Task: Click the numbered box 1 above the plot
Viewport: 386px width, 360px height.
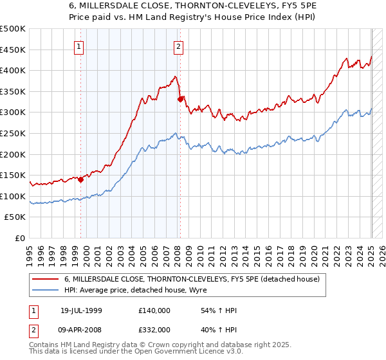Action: pyautogui.click(x=78, y=46)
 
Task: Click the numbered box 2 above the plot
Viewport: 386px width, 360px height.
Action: pyautogui.click(x=178, y=46)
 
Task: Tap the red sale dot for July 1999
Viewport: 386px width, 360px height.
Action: pyautogui.click(x=81, y=180)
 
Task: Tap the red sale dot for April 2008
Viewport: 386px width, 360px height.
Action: pyautogui.click(x=180, y=99)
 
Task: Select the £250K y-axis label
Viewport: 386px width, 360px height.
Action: pyautogui.click(x=13, y=133)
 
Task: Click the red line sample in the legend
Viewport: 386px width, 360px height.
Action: pyautogui.click(x=45, y=278)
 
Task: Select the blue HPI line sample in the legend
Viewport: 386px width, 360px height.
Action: pyautogui.click(x=45, y=290)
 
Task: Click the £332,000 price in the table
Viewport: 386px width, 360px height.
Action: pyautogui.click(x=154, y=329)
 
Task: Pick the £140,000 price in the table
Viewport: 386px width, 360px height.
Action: pyautogui.click(x=154, y=310)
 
